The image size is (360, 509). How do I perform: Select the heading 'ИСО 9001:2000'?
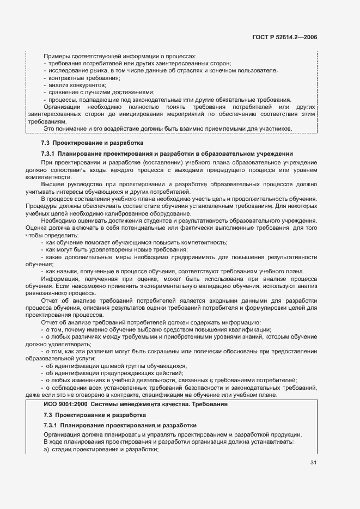point(65,404)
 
